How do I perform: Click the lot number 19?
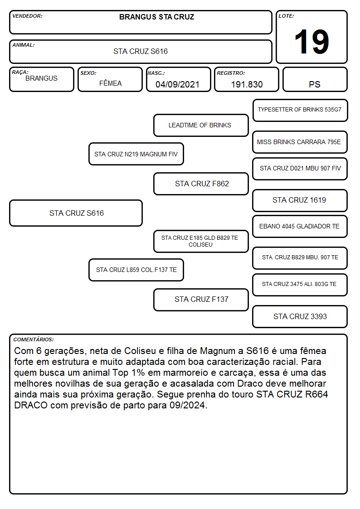(x=311, y=42)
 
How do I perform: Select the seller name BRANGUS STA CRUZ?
(x=156, y=17)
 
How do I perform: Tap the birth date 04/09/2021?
(x=177, y=84)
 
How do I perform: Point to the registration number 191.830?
(x=247, y=84)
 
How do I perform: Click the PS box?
(x=315, y=79)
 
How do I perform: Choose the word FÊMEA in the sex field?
(x=110, y=83)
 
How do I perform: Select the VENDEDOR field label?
(x=27, y=16)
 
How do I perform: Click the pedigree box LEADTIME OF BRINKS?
(x=201, y=125)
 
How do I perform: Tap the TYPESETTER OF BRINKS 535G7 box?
(x=300, y=111)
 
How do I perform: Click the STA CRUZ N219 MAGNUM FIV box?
(x=136, y=154)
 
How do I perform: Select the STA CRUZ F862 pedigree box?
(x=201, y=184)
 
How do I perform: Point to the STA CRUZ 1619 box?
(x=300, y=201)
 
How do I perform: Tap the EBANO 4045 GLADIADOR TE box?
(x=300, y=227)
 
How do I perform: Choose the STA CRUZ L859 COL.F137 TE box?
(x=136, y=270)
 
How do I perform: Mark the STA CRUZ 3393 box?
(x=300, y=316)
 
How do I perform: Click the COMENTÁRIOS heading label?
(x=34, y=339)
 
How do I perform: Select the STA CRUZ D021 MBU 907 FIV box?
(x=300, y=169)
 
